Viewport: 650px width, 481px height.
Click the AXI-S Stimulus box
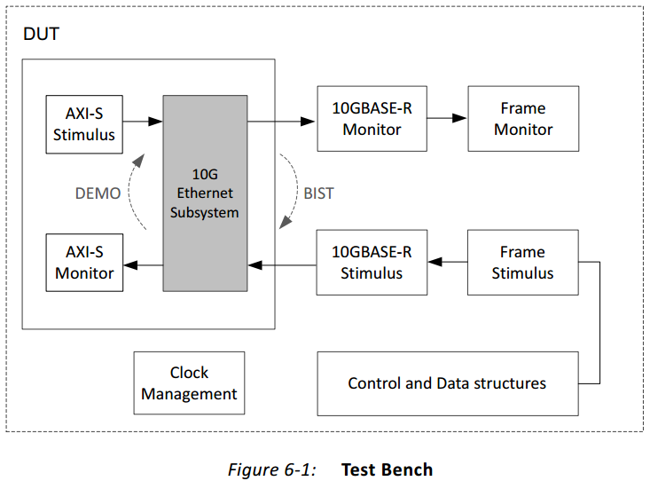coord(84,124)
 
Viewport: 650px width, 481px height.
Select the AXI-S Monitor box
coord(84,263)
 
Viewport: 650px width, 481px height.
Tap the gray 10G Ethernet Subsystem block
coord(205,193)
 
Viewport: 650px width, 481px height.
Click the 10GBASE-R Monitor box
coord(372,119)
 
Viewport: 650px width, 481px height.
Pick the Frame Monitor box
coord(523,119)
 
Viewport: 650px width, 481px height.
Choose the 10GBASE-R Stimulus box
coord(372,263)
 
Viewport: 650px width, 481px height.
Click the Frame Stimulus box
coord(523,263)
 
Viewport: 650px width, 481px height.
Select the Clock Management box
coord(189,383)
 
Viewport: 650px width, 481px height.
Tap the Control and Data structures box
coord(448,384)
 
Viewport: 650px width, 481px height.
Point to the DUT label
coord(41,34)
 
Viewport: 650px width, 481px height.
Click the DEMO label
coord(98,193)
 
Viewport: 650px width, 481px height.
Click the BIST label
coord(318,193)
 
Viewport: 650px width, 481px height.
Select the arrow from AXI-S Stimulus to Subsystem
coord(143,122)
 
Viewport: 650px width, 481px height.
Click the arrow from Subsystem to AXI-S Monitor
coord(143,264)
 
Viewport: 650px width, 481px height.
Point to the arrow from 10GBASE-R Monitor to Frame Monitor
coord(447,118)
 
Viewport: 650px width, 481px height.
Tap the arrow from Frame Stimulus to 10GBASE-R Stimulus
coord(448,262)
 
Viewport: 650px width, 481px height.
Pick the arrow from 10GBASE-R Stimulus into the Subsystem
coord(282,264)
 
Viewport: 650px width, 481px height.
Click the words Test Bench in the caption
coord(387,469)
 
